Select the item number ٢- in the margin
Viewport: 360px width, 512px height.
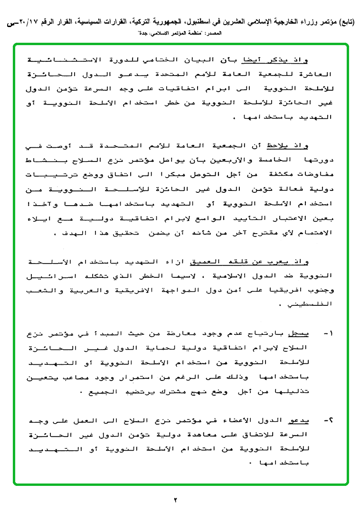[x=328, y=421]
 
